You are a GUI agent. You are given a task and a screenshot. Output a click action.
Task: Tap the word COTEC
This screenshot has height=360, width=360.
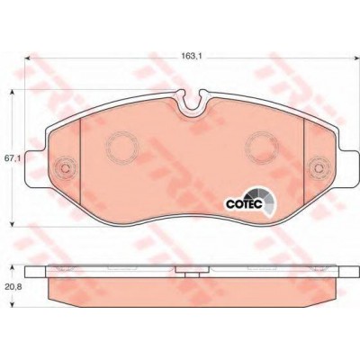245,204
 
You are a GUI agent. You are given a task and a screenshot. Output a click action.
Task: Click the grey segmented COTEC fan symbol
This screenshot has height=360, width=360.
264,200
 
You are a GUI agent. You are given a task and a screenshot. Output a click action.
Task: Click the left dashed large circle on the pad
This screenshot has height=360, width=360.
122,148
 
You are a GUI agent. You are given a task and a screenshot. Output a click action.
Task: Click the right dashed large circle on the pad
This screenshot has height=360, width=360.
262,148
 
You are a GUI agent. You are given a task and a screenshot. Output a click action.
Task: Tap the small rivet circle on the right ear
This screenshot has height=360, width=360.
319,168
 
